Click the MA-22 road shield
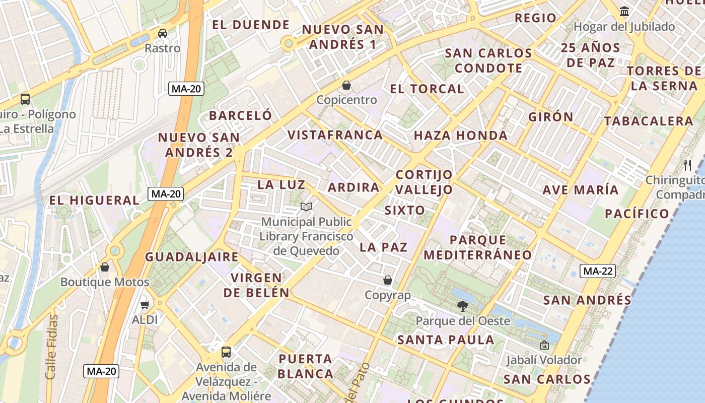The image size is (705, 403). click(x=598, y=271)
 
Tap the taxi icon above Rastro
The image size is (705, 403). click(x=163, y=33)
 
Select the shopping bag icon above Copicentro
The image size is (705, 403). click(x=346, y=85)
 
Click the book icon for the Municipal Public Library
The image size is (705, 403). click(x=306, y=207)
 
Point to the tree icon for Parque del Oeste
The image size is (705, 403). click(x=462, y=305)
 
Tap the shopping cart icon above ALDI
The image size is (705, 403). click(x=145, y=304)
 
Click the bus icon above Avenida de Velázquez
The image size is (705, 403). click(x=226, y=352)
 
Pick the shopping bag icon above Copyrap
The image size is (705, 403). click(x=388, y=280)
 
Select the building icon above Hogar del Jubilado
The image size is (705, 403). click(x=624, y=11)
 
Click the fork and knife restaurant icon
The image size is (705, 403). click(x=687, y=164)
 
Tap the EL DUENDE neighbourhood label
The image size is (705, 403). click(x=251, y=25)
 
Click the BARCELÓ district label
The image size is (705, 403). click(x=241, y=115)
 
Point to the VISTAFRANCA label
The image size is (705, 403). click(x=335, y=135)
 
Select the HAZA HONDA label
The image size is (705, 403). click(x=461, y=136)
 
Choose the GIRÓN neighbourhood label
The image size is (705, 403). click(x=551, y=117)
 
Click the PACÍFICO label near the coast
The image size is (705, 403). click(x=637, y=214)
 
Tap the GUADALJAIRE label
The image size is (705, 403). click(x=192, y=257)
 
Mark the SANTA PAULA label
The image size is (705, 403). click(x=446, y=340)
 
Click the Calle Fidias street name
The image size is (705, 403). click(x=51, y=347)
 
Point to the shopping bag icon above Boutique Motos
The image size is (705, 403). click(x=105, y=266)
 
